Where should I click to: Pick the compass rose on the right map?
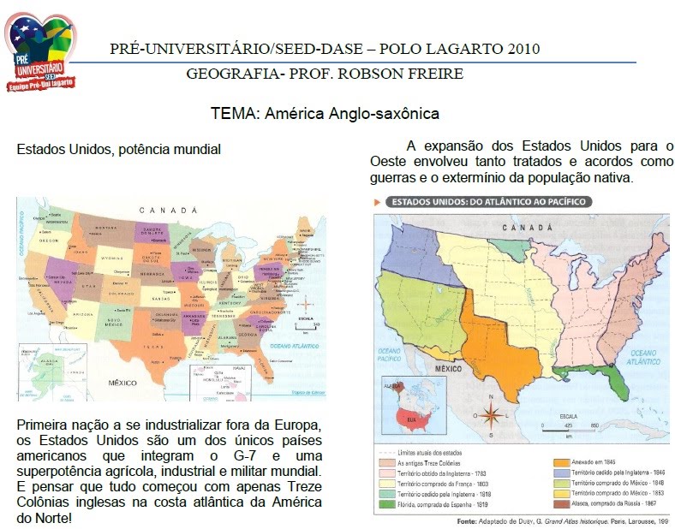tap(491, 417)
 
